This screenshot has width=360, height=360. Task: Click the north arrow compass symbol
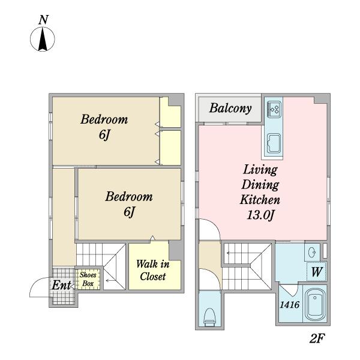tap(43, 39)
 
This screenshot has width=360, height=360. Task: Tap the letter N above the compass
tap(43, 20)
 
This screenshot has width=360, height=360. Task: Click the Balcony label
tap(230, 109)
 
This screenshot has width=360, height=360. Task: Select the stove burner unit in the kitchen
tap(274, 110)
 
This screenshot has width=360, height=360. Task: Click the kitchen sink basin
tap(274, 143)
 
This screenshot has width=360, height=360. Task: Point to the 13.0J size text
tap(260, 215)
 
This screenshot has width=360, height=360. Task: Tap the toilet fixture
tap(209, 317)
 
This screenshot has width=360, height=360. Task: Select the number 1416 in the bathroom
tap(290, 305)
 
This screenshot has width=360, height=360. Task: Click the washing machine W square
tap(317, 272)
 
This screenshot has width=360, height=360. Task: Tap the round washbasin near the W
tap(313, 253)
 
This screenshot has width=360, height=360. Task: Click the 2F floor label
tap(317, 338)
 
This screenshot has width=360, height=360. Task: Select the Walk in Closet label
tap(152, 270)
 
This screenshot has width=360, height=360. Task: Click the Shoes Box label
tap(88, 279)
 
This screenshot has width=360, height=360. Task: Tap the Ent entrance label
tap(61, 286)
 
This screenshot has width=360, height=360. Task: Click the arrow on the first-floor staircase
tap(110, 281)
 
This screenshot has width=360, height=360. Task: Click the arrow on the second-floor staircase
tap(232, 253)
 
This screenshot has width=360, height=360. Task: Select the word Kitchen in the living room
tap(260, 200)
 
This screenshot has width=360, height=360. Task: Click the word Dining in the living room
tap(260, 185)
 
